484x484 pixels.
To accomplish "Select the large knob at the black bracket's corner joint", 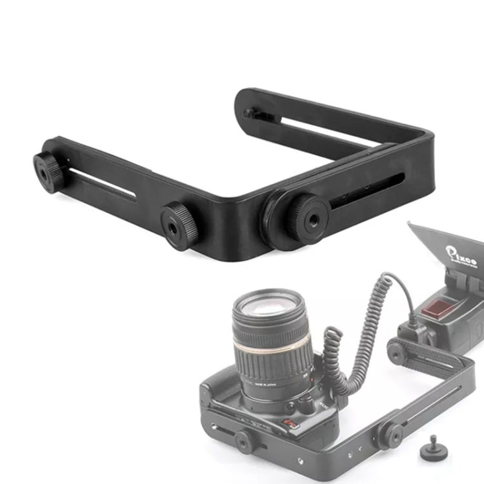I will (306, 218).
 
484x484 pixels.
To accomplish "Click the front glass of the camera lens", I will (270, 307).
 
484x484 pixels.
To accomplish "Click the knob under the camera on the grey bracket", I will (245, 441).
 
